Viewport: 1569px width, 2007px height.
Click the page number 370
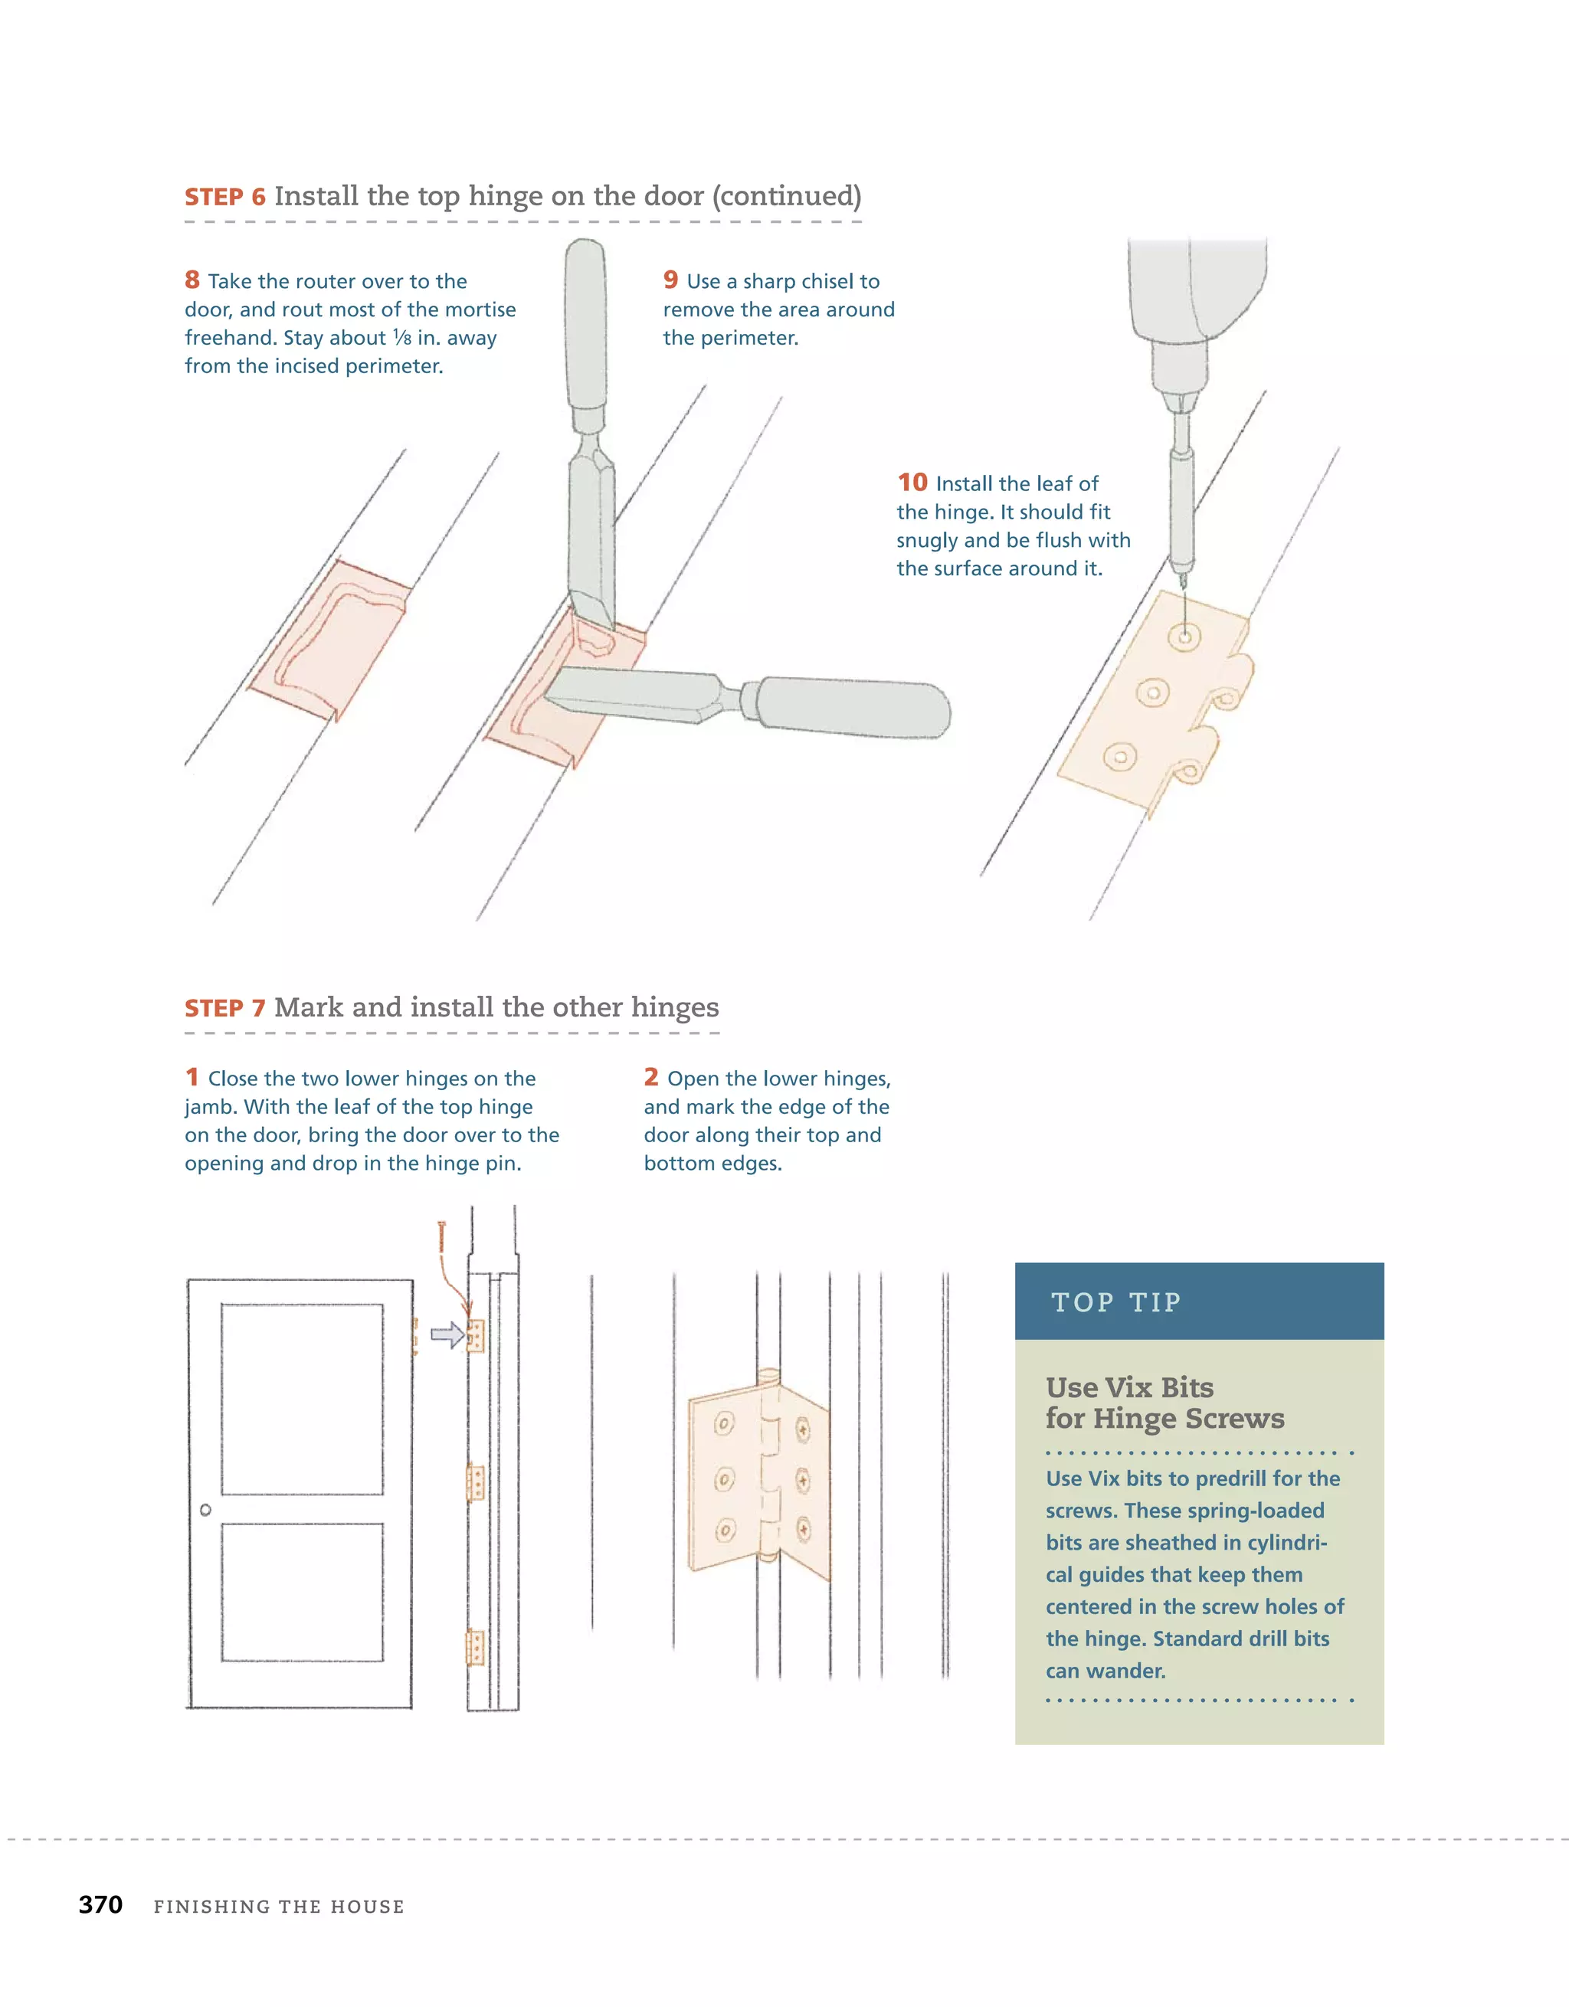(x=100, y=1904)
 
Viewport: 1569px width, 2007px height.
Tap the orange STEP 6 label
(x=225, y=197)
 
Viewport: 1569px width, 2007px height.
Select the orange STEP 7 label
(x=225, y=1008)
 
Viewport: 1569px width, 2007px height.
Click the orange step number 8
(x=192, y=280)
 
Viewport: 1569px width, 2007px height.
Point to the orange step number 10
(x=912, y=483)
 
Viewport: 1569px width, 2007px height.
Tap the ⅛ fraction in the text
(x=401, y=337)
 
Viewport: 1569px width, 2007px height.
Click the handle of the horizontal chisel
(x=853, y=707)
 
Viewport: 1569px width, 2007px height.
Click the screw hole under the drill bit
(x=1184, y=635)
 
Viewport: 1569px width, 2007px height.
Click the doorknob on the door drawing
(x=205, y=1510)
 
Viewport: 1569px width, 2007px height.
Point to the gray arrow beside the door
(x=447, y=1334)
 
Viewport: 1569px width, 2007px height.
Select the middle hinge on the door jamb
(x=475, y=1482)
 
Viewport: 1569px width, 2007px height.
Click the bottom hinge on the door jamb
(x=475, y=1648)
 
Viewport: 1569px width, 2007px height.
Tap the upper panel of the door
(x=302, y=1399)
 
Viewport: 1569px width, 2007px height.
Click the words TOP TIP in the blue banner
(x=1116, y=1302)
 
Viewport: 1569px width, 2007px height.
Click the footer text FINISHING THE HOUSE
(x=279, y=1907)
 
